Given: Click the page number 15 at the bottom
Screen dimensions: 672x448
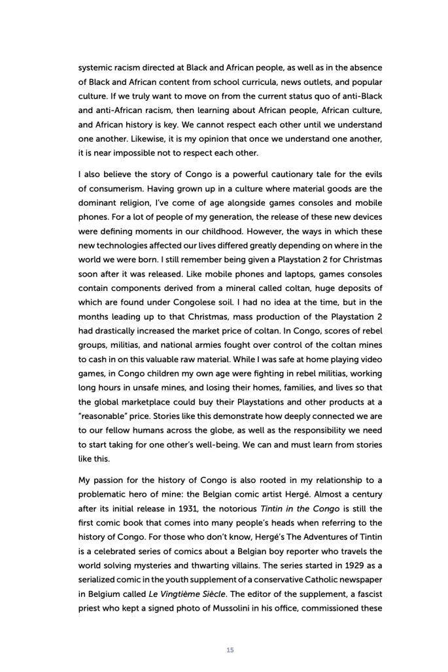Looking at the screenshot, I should pos(230,649).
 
